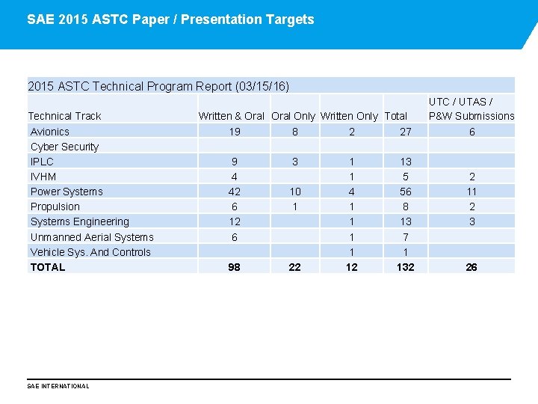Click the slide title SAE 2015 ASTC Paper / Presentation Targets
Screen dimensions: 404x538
pos(170,19)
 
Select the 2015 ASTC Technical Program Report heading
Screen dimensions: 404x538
pos(158,86)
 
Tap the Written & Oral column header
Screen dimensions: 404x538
pos(232,116)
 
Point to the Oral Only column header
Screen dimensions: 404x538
pos(293,116)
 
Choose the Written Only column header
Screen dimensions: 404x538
pos(349,116)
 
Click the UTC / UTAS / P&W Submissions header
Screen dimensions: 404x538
pos(471,108)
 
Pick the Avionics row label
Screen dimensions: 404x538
pos(49,132)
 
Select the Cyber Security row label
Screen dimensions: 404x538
pos(64,147)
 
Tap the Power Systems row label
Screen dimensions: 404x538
pos(67,192)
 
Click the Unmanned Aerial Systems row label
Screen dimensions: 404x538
pos(92,237)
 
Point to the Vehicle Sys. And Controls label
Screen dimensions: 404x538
pos(90,252)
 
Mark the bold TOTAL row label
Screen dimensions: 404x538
pos(48,267)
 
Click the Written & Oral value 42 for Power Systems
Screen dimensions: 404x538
pos(234,192)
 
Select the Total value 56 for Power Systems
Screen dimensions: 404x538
pos(405,192)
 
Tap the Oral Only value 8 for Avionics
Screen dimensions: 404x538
pos(294,132)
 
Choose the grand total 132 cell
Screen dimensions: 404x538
pos(405,267)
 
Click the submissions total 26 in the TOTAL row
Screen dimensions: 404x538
pos(471,267)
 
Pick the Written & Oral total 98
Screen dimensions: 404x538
pos(234,267)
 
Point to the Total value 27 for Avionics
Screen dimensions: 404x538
pos(405,132)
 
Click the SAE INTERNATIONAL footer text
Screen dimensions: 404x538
pos(58,386)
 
